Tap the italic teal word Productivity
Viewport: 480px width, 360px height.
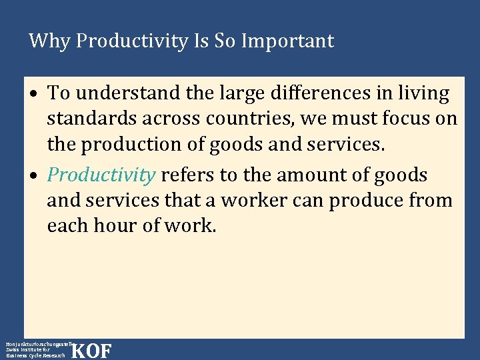(101, 175)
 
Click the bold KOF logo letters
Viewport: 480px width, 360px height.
(91, 351)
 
